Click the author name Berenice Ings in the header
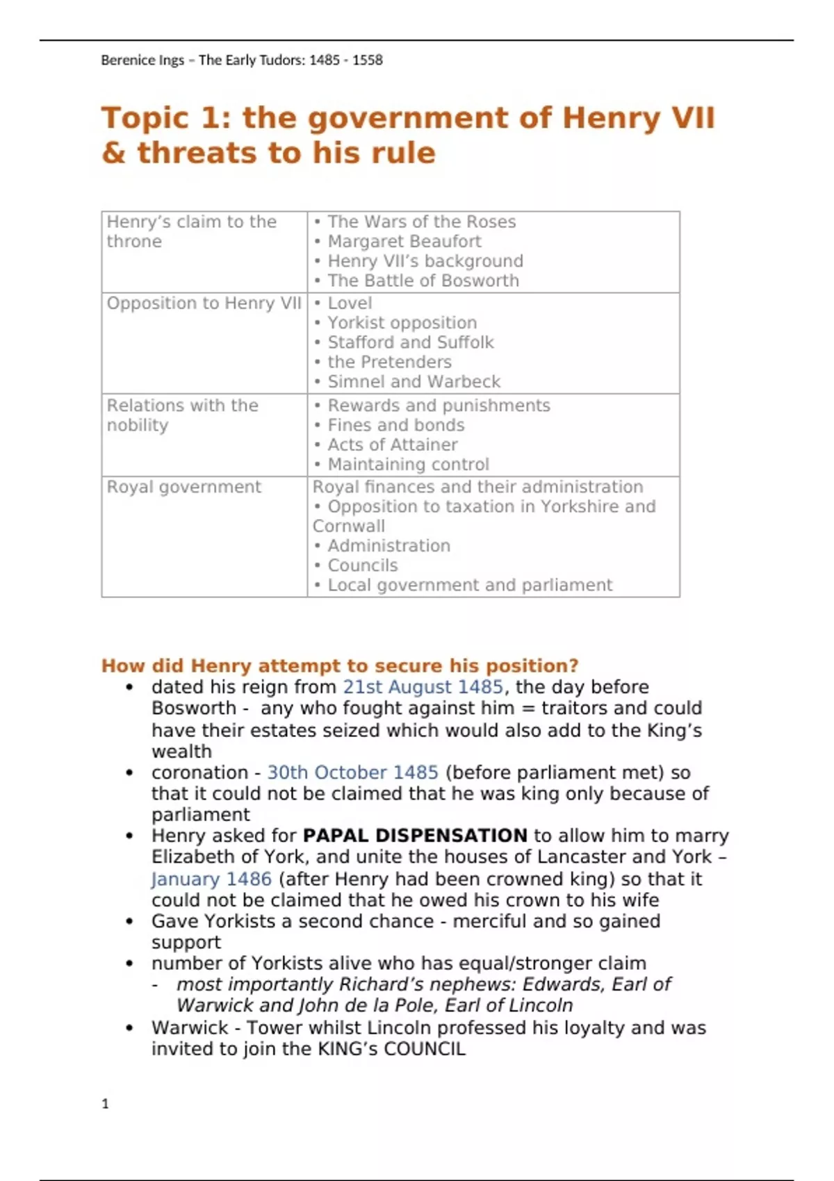pos(142,60)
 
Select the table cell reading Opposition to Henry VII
pos(204,304)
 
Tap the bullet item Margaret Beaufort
pos(404,242)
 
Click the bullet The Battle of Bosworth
pos(423,281)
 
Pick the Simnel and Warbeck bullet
pos(414,382)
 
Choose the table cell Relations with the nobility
pos(182,415)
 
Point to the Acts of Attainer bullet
pos(392,445)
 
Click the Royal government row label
pos(183,487)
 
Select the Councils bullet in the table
pos(362,565)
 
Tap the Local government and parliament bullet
pos(469,585)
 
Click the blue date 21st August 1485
pos(423,687)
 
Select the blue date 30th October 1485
pos(352,773)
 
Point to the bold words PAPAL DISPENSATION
pos(415,836)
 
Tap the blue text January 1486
pos(211,879)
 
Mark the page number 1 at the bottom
pos(106,1104)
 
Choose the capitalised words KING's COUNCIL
pos(391,1049)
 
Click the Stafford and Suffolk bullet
pos(410,342)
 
